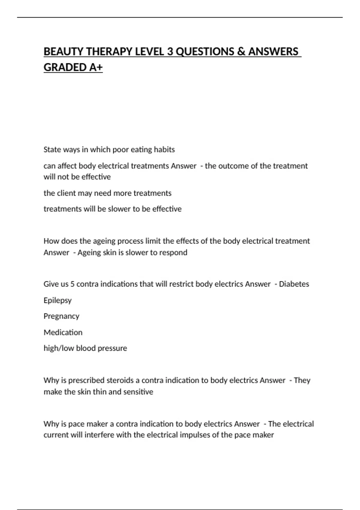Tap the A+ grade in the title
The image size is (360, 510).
pyautogui.click(x=96, y=67)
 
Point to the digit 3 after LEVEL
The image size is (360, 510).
pyautogui.click(x=170, y=52)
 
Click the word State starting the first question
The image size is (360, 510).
pyautogui.click(x=51, y=149)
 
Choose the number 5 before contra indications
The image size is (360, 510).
pyautogui.click(x=72, y=284)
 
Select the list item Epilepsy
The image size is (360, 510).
pyautogui.click(x=58, y=300)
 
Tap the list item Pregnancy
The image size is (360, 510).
pyautogui.click(x=61, y=316)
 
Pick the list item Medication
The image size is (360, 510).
pyautogui.click(x=63, y=332)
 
